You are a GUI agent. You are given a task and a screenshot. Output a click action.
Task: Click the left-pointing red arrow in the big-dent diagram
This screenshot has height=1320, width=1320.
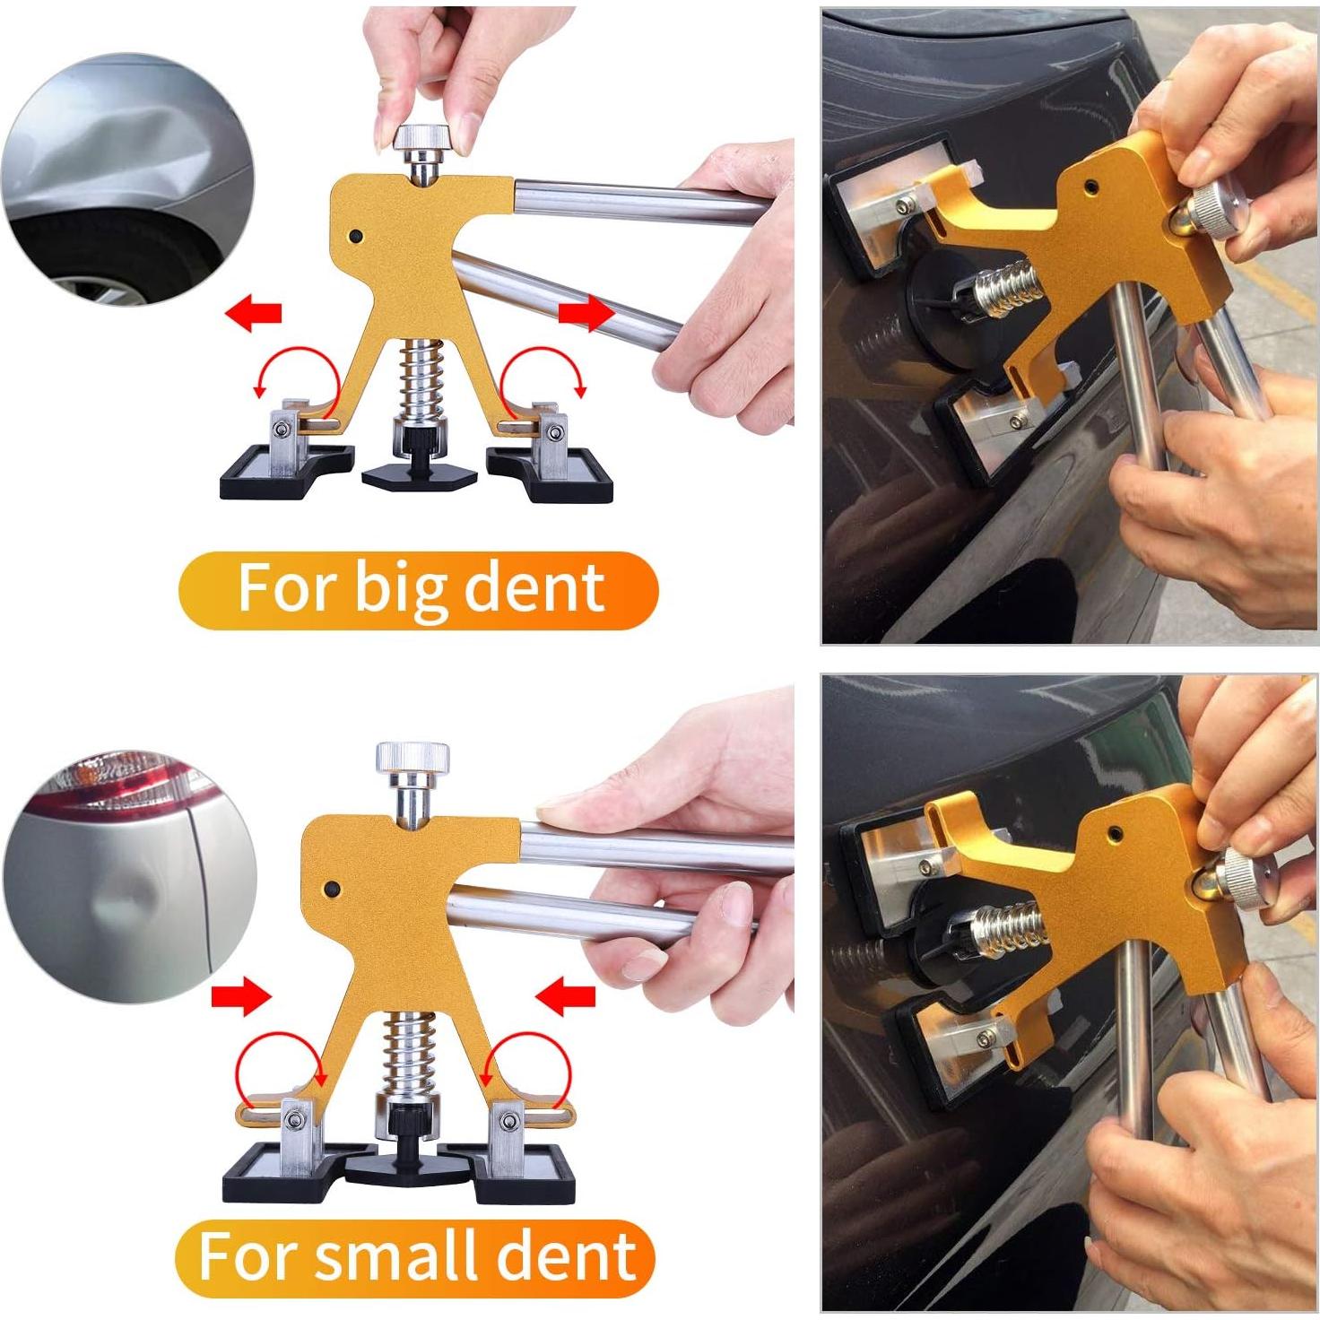pyautogui.click(x=254, y=313)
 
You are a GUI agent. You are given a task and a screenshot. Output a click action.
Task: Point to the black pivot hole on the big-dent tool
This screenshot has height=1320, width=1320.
pyautogui.click(x=356, y=237)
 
